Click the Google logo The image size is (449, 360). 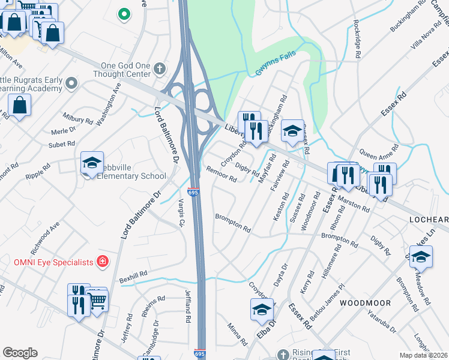[20, 353]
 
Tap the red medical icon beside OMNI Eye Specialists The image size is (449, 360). [103, 262]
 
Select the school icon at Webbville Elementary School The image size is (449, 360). [92, 163]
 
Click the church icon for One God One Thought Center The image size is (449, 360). [159, 68]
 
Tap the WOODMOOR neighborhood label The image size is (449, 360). [365, 304]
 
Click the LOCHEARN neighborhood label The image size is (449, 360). [429, 220]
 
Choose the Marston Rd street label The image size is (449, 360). [354, 202]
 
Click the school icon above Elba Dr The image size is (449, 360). [262, 310]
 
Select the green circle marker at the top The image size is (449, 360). [124, 13]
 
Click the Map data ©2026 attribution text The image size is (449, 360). [424, 355]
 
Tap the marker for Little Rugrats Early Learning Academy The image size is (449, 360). [71, 83]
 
